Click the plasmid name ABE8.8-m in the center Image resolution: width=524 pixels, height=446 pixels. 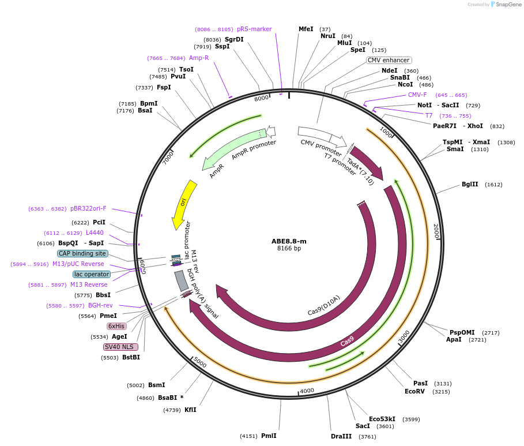(289, 241)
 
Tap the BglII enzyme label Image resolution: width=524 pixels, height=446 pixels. (470, 185)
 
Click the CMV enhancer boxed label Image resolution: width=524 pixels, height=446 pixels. (389, 60)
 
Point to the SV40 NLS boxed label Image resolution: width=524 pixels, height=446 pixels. (120, 347)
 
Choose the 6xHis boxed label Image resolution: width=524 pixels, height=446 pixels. (116, 326)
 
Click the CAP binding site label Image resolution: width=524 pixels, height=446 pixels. (82, 253)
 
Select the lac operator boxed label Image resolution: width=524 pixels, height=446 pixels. (91, 274)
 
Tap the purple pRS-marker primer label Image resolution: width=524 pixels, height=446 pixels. (254, 29)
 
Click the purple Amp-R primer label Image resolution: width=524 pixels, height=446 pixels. (199, 58)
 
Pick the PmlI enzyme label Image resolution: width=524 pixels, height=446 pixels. (269, 436)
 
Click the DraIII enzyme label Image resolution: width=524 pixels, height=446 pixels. (341, 436)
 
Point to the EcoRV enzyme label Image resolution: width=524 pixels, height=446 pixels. (414, 391)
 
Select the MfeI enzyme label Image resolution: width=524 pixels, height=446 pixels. (306, 29)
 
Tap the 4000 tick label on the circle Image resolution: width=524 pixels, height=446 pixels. (307, 391)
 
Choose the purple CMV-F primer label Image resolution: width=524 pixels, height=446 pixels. (417, 95)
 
